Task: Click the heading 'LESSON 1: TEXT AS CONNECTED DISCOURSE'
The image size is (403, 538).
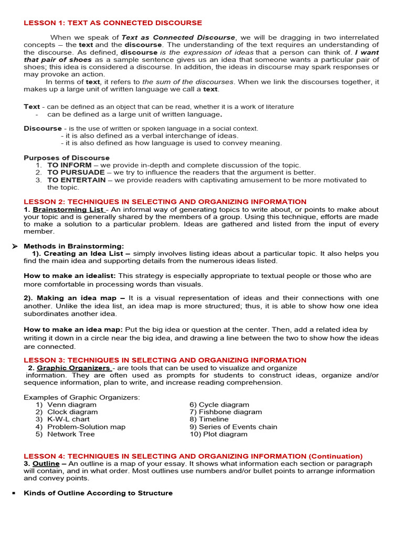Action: pyautogui.click(x=113, y=23)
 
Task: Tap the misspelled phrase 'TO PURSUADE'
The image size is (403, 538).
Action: pyautogui.click(x=76, y=172)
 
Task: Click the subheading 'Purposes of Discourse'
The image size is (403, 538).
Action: pyautogui.click(x=67, y=158)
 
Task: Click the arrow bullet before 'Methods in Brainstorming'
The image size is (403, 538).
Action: pyautogui.click(x=15, y=246)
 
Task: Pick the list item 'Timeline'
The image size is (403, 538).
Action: pyautogui.click(x=209, y=419)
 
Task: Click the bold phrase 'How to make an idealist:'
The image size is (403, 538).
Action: pyautogui.click(x=70, y=275)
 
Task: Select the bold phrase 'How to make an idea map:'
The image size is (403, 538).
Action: pyautogui.click(x=73, y=329)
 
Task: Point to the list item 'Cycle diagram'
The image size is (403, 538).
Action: pyautogui.click(x=219, y=405)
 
